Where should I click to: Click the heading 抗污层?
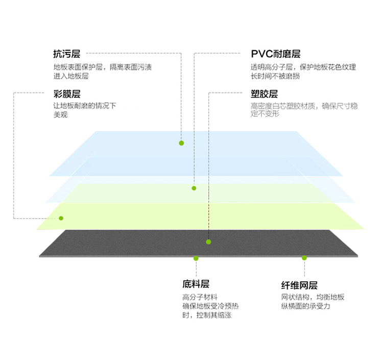tap(67, 54)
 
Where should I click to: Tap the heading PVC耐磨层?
tap(276, 54)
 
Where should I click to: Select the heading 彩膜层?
tap(67, 94)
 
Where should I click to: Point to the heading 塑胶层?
tap(264, 94)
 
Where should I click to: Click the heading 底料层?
tap(196, 284)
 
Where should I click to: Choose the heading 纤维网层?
tap(299, 285)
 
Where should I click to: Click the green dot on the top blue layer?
tap(181, 143)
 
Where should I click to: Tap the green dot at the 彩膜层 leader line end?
tap(61, 218)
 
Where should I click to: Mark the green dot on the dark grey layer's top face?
tap(208, 242)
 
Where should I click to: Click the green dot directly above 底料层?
tap(196, 258)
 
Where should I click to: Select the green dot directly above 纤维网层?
tap(304, 258)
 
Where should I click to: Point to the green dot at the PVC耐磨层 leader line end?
tap(194, 188)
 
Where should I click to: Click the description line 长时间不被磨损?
tap(275, 76)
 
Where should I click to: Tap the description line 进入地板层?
tap(71, 76)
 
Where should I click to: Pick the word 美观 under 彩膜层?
tap(61, 114)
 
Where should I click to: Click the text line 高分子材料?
tap(200, 297)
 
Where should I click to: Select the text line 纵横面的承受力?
tap(305, 306)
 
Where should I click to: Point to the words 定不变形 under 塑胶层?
tap(265, 113)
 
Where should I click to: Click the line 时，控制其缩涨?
tap(207, 315)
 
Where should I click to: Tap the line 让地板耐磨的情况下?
tap(85, 106)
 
